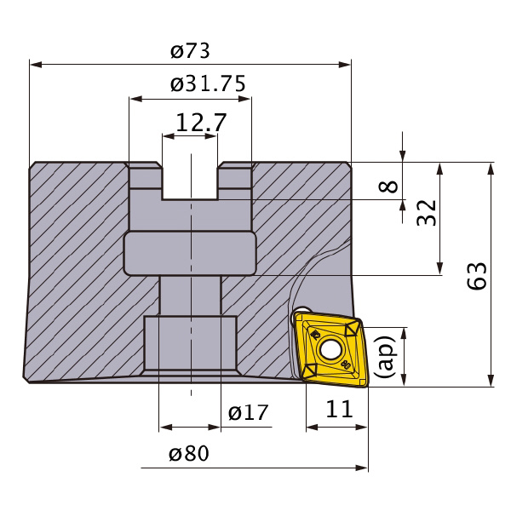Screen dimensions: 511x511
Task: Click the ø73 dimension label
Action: point(190,51)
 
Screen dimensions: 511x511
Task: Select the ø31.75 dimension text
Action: point(208,83)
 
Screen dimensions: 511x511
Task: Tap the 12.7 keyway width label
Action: point(201,123)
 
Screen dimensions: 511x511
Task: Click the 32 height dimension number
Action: point(427,213)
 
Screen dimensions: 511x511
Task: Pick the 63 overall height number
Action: point(477,276)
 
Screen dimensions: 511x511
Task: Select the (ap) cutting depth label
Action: point(385,357)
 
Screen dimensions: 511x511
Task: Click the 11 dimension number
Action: point(339,409)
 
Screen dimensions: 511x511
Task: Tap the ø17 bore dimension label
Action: point(248,412)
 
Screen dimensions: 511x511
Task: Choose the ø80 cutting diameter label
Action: point(189,453)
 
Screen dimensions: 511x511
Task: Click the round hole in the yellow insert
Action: point(330,349)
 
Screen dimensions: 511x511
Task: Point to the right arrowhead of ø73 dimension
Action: point(345,64)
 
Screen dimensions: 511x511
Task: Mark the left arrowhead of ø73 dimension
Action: point(36,64)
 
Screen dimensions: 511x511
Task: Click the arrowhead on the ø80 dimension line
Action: point(362,468)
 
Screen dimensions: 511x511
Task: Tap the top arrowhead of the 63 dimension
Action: point(491,169)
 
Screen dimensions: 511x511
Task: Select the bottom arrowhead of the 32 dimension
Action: point(440,268)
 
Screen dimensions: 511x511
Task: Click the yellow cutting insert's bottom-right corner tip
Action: point(366,387)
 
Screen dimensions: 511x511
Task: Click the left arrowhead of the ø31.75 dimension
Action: point(136,99)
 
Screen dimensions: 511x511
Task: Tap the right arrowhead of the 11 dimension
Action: point(361,427)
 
